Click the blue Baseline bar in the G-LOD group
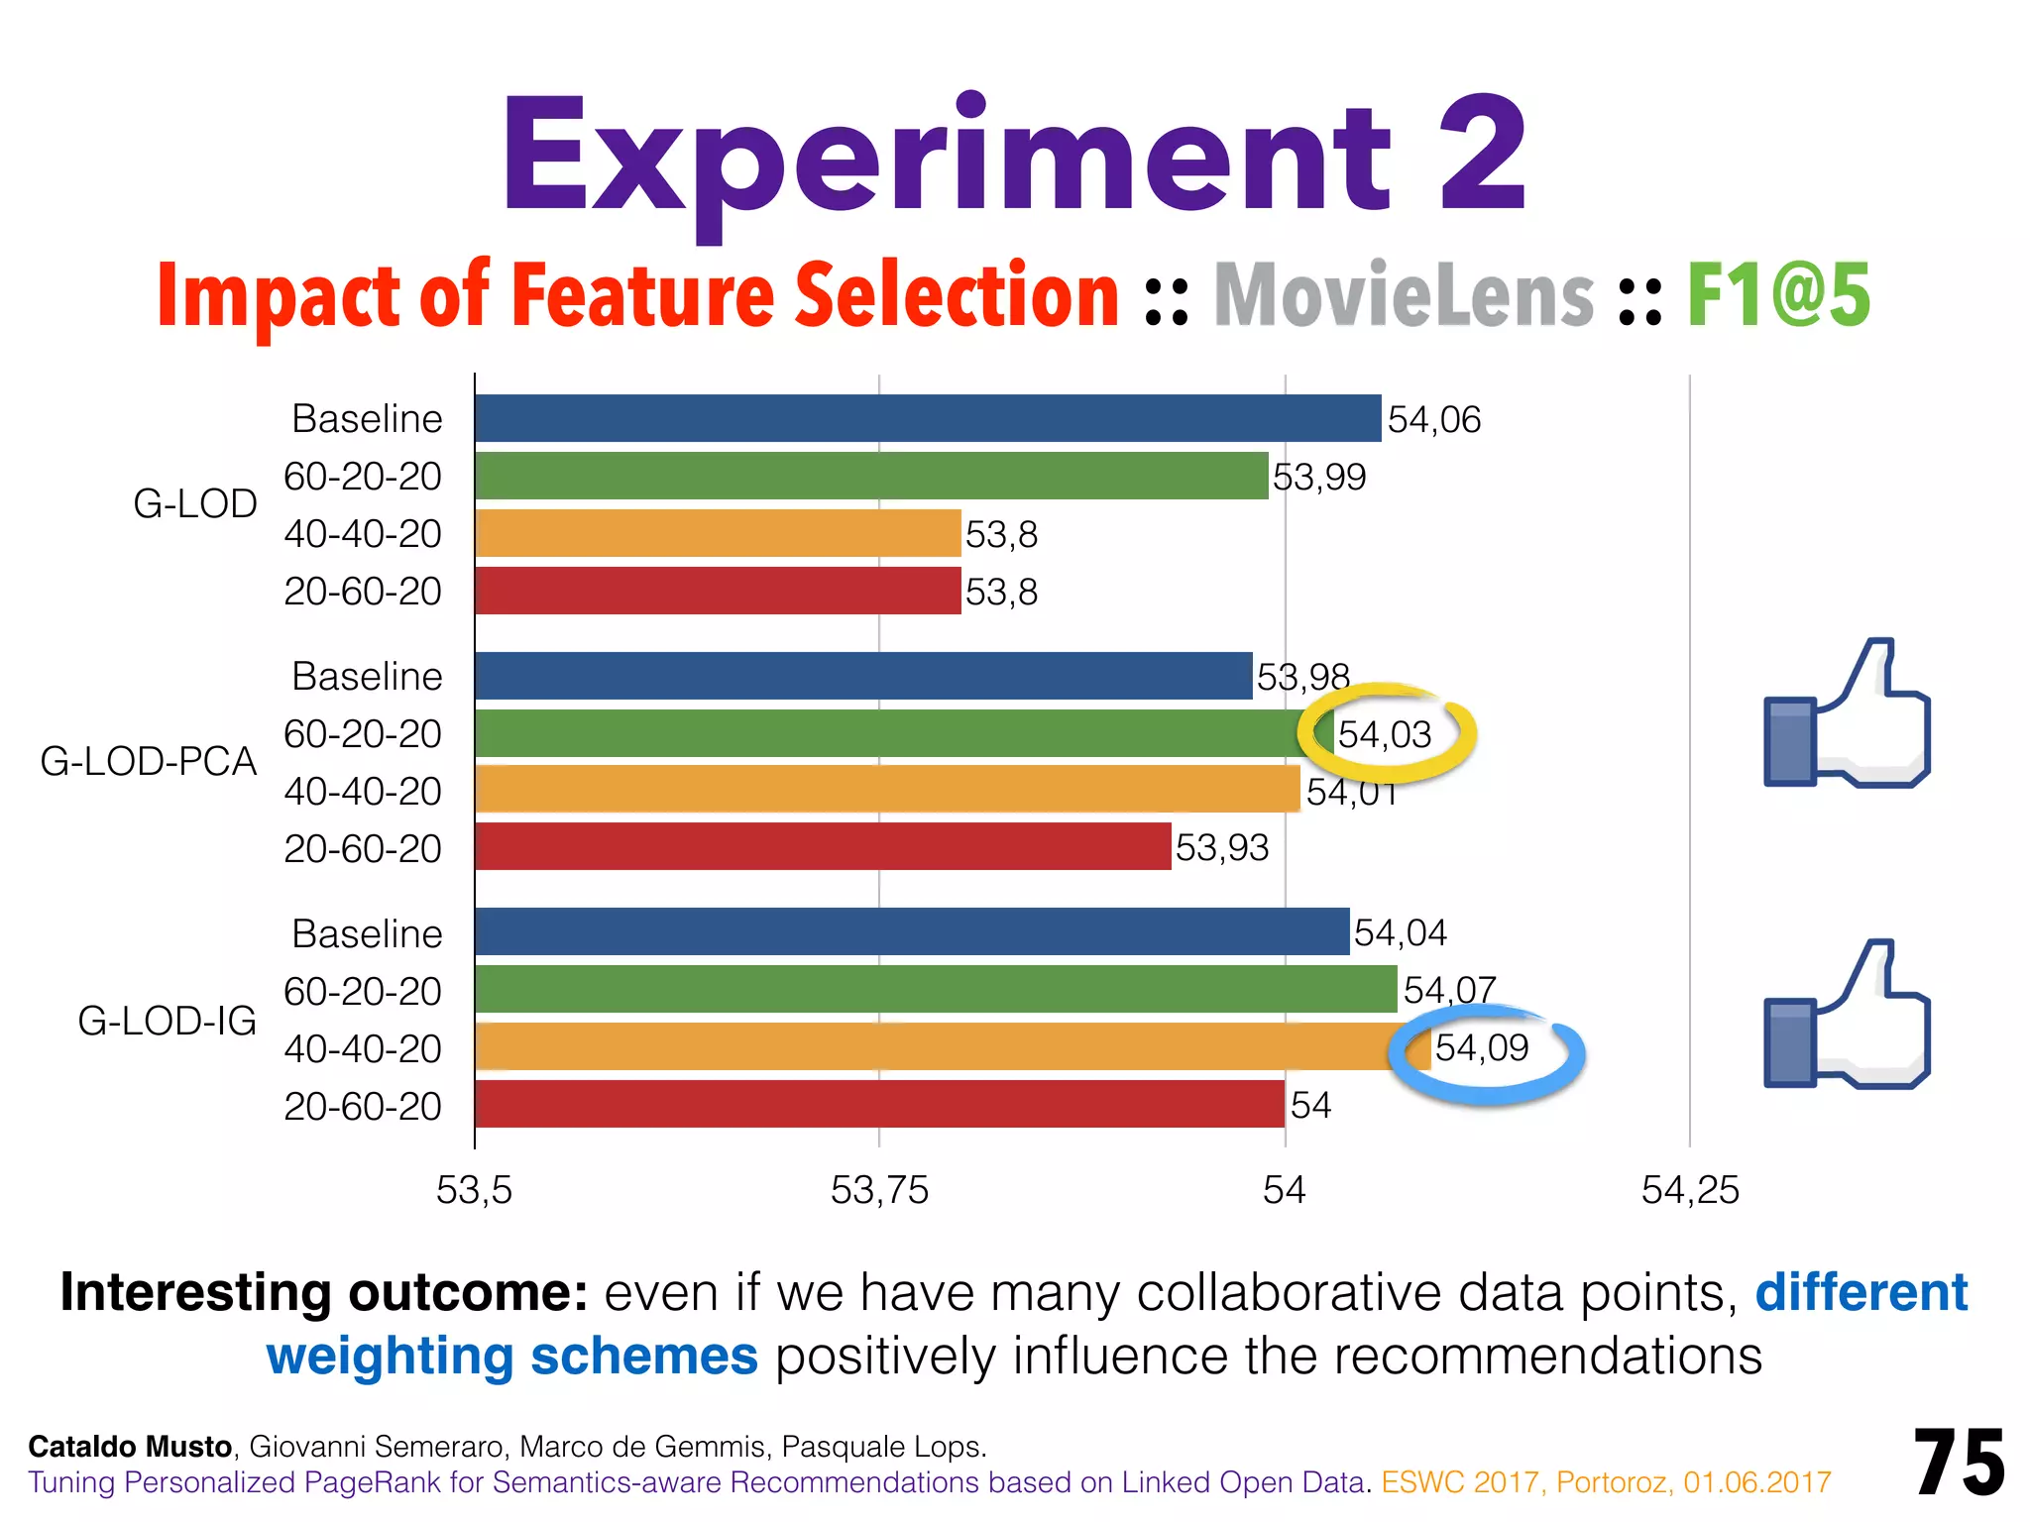point(927,418)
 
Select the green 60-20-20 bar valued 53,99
point(870,476)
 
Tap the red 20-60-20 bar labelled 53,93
point(823,846)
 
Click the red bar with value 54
point(879,1104)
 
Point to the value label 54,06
point(1433,419)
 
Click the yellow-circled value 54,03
point(1385,734)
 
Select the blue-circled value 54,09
point(1482,1047)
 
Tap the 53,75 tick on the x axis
point(879,1190)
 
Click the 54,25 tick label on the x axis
point(1690,1190)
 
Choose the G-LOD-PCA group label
point(149,761)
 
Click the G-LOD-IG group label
point(167,1021)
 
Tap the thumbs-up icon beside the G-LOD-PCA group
point(1846,714)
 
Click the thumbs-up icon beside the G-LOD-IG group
point(1846,1016)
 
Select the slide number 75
point(1959,1463)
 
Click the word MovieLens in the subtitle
point(1404,295)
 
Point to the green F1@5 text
point(1778,295)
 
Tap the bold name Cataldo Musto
point(130,1447)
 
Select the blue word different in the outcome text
point(1861,1292)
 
